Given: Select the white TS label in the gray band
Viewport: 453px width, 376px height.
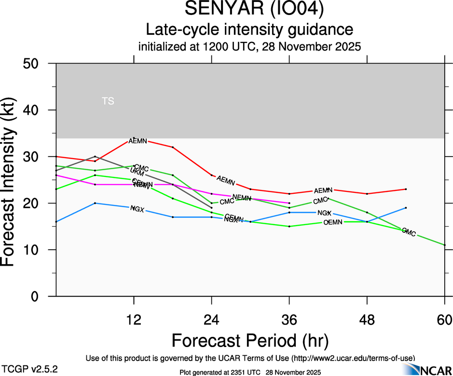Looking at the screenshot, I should tap(108, 101).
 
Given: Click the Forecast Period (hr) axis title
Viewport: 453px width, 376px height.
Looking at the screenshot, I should tap(250, 340).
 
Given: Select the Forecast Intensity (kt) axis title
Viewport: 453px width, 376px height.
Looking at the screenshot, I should tap(13, 180).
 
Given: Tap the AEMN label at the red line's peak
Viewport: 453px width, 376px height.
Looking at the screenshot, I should tap(137, 141).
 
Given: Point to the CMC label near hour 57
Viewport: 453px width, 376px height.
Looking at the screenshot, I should tap(409, 233).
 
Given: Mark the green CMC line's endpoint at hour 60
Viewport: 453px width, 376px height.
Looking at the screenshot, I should tap(444, 245).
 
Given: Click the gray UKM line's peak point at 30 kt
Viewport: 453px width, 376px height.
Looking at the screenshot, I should tap(95, 157).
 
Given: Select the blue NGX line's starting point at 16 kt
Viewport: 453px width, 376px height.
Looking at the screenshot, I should tap(56, 222).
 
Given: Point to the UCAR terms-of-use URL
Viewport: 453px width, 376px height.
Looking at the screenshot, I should tap(353, 358).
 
